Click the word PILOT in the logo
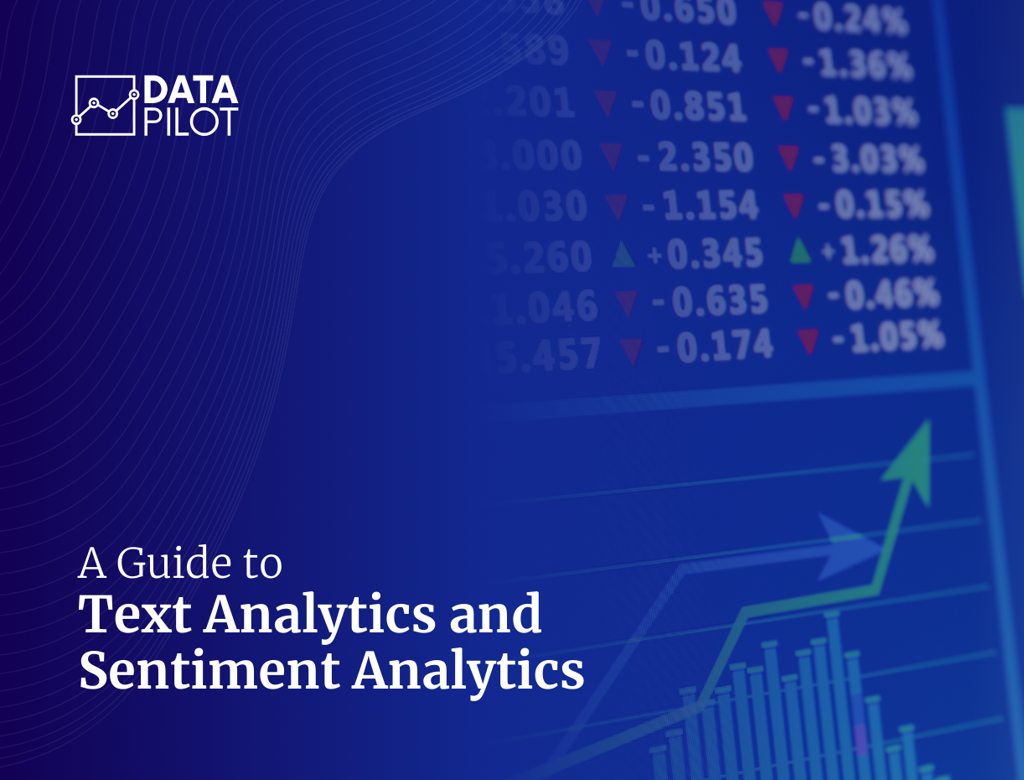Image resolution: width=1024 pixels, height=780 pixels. coord(190,121)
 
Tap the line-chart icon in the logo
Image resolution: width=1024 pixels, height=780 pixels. coord(105,106)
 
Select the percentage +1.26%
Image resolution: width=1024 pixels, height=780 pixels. coord(878,249)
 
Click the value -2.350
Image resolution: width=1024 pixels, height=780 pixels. coord(694,159)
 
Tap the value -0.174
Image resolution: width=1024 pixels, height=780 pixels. coord(714,346)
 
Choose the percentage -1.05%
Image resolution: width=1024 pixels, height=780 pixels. coord(888,338)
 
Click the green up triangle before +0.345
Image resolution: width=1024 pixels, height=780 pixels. coord(623,254)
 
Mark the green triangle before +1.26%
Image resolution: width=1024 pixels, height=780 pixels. coord(800,250)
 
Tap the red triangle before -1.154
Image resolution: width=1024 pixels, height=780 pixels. coord(617,205)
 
